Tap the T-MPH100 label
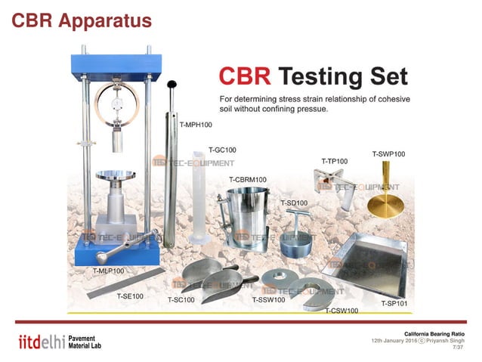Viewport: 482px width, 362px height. (195, 124)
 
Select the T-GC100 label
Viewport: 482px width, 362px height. (221, 150)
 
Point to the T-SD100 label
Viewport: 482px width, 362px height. (294, 203)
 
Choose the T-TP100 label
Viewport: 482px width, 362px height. (334, 161)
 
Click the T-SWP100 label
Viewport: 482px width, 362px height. (388, 154)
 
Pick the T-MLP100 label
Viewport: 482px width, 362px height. (108, 270)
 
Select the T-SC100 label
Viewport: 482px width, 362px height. (181, 300)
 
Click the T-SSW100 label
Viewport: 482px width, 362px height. (268, 300)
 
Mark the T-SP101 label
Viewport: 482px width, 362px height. (394, 304)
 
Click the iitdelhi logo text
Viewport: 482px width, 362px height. (39, 342)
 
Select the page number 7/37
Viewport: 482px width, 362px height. (458, 348)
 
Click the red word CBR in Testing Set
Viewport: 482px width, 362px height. (243, 76)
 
